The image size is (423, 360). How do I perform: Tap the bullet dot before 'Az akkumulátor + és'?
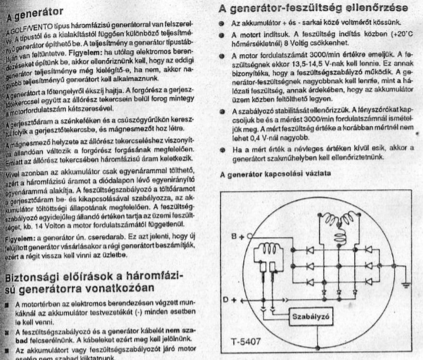click(222, 22)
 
